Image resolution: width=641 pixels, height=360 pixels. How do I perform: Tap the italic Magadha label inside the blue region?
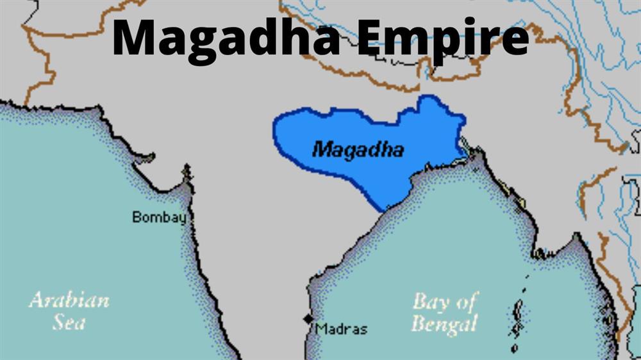[x=358, y=150]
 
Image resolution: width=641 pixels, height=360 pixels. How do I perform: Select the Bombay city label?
[x=159, y=217]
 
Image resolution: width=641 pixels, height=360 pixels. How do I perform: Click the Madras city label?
[x=342, y=329]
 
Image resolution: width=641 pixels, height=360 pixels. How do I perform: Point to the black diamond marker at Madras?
[x=308, y=319]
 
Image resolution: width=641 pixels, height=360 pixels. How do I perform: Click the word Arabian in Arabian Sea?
[x=69, y=300]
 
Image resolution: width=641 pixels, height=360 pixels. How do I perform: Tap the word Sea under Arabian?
[x=69, y=322]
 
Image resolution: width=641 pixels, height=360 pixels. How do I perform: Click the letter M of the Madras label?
[x=320, y=329]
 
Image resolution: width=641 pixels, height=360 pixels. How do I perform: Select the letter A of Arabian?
[x=37, y=300]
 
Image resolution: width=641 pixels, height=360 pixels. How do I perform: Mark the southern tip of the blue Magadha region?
[x=387, y=209]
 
